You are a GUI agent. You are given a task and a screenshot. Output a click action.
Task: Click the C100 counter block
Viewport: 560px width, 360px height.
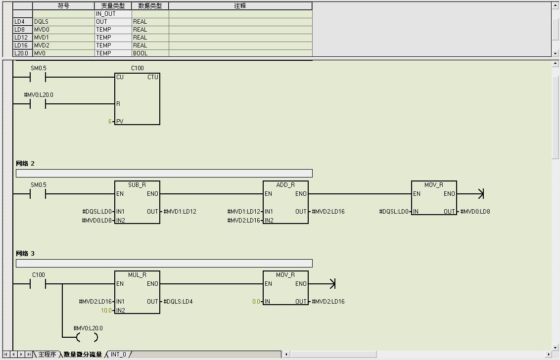point(137,99)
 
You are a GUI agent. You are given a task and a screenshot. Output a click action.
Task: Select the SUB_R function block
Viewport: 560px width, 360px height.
point(137,202)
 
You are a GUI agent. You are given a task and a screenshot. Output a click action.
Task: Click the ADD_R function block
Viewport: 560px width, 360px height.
point(285,202)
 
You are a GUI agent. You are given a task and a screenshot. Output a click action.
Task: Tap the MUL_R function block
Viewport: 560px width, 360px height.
point(137,292)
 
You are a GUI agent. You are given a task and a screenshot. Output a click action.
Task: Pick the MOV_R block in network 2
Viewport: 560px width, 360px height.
point(434,198)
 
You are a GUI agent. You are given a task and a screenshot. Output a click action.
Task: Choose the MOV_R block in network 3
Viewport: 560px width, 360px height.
point(285,288)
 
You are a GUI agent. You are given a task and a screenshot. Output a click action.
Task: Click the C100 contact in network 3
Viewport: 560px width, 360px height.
point(38,284)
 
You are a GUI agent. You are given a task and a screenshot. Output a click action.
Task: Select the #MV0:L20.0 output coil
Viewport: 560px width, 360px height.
point(88,337)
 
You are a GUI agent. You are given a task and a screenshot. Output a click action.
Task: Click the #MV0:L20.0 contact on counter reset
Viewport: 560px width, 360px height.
point(38,104)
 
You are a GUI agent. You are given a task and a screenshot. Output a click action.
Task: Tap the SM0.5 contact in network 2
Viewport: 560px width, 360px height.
point(38,194)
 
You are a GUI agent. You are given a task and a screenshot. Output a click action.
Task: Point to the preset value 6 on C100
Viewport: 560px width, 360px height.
point(110,122)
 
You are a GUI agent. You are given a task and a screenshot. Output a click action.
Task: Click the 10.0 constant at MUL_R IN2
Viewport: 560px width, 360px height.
point(106,311)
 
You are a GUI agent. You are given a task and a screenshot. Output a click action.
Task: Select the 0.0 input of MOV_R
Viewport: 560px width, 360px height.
point(256,302)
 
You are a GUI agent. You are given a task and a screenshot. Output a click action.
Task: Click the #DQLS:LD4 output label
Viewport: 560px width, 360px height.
point(178,302)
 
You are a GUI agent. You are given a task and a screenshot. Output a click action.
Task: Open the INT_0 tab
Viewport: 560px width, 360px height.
point(118,355)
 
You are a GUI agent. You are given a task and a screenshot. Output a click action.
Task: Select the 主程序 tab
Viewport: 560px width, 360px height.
point(47,355)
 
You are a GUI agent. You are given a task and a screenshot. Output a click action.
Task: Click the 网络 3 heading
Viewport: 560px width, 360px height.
point(25,254)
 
